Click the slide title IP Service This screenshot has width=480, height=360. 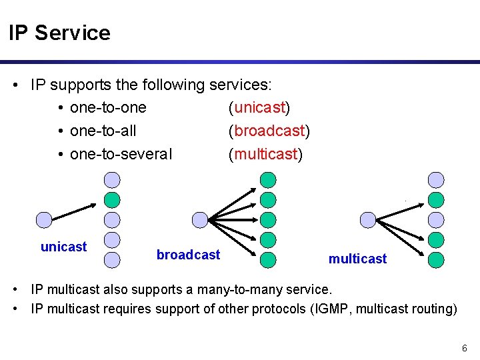coord(59,33)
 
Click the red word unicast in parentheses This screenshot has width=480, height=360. coord(259,107)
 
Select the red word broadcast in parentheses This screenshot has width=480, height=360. coord(269,131)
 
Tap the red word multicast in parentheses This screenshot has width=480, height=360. coord(265,154)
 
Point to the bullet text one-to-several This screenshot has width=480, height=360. coord(121,154)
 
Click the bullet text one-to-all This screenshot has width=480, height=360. coord(103,131)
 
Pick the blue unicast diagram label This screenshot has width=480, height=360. coord(63,247)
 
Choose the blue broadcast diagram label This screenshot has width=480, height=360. coord(188,255)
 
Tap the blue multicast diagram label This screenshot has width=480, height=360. coord(357,259)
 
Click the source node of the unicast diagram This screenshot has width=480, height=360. coord(43,219)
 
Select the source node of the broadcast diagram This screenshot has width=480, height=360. coord(199,219)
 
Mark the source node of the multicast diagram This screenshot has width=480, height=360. coord(367,219)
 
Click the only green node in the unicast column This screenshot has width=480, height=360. coord(113,199)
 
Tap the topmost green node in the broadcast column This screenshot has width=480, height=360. coord(267,179)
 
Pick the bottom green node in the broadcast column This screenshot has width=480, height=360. coord(267,259)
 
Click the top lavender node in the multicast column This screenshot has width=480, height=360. coord(436,179)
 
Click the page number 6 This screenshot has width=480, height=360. coord(464,349)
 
